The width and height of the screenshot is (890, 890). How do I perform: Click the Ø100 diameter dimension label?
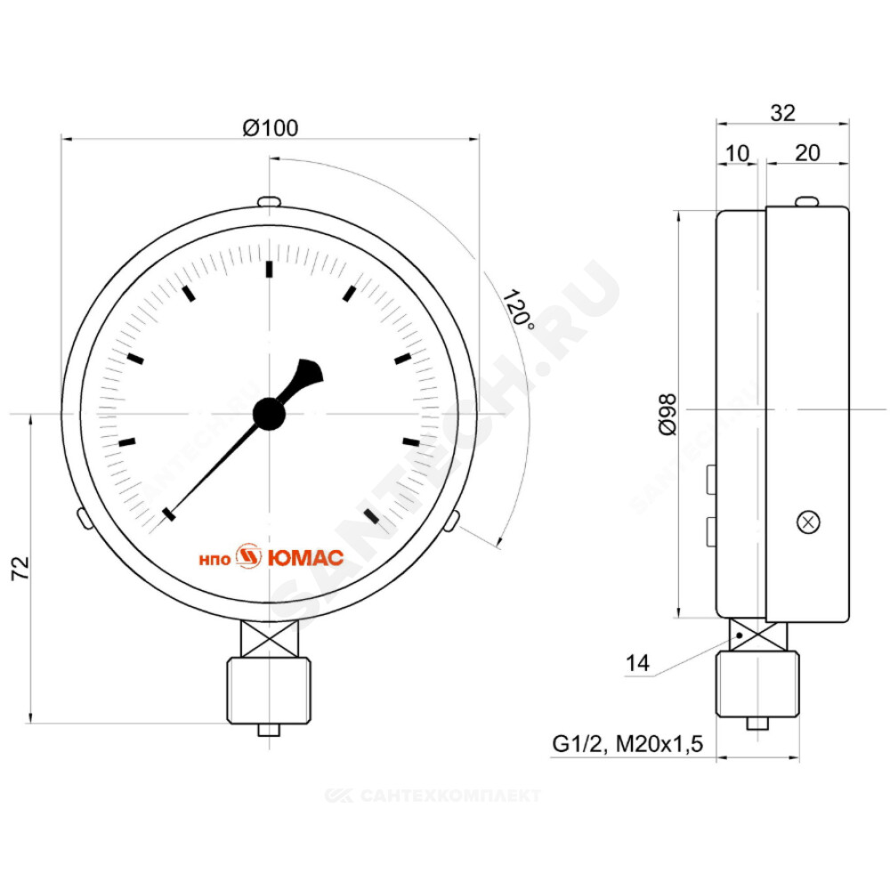pos(271,127)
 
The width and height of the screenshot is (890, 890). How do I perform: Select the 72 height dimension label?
pos(20,568)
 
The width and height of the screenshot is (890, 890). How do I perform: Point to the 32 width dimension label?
pos(782,113)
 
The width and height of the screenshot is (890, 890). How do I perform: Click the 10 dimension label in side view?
pos(737,153)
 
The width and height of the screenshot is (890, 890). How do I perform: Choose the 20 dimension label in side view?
pos(807,153)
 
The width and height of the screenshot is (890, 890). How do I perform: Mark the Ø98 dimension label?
pos(668,415)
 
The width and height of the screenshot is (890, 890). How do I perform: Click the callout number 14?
pos(637,662)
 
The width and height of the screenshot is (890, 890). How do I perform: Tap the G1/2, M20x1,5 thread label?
pos(627,743)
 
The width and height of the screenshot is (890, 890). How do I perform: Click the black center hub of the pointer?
pos(269,414)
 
